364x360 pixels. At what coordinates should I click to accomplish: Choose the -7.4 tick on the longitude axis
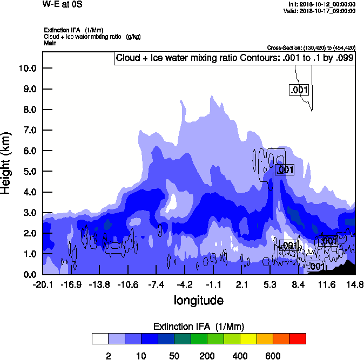[156, 284]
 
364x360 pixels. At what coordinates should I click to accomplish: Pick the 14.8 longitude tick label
[355, 284]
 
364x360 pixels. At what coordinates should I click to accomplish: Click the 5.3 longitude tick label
[269, 284]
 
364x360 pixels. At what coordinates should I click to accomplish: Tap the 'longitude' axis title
[198, 300]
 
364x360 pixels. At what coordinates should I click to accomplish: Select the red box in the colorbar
[297, 339]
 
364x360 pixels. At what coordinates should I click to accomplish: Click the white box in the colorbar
[99, 339]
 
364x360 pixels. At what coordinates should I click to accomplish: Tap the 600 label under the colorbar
[273, 356]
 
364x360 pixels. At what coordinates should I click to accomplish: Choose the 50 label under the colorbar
[174, 356]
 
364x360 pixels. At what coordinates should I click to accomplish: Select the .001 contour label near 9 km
[299, 90]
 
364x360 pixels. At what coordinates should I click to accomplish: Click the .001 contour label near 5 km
[284, 170]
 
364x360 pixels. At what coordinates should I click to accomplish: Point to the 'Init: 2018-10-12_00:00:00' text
[322, 4]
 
